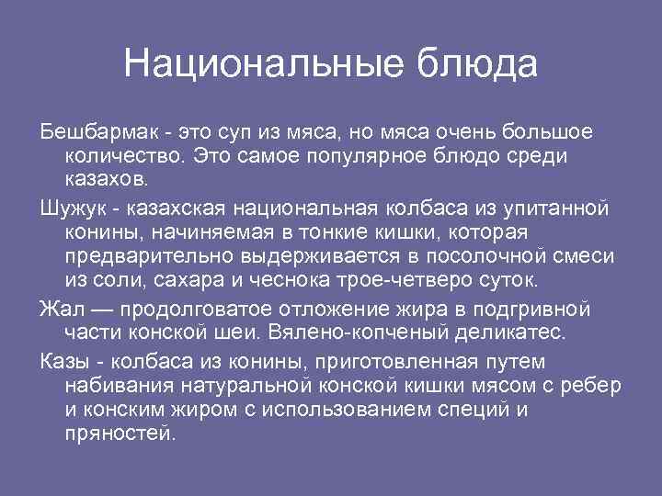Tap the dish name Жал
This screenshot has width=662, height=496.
tap(58, 308)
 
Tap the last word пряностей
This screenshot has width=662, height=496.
tap(120, 431)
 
